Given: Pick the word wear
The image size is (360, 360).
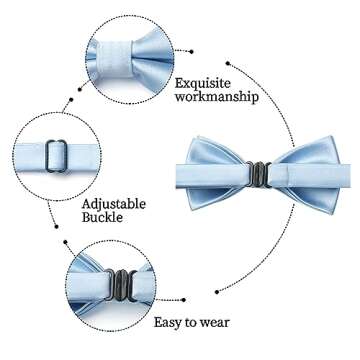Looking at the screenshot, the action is tap(214, 322).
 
